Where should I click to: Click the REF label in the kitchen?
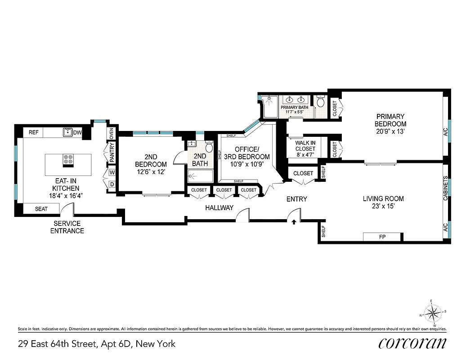click(33, 132)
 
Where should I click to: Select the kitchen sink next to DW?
click(67, 132)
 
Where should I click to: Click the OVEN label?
click(111, 134)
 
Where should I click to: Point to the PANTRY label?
click(112, 153)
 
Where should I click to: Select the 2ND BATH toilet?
click(209, 147)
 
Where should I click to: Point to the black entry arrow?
click(294, 221)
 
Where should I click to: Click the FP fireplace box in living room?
click(381, 237)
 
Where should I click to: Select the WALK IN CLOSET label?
click(305, 149)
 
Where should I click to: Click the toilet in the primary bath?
click(321, 102)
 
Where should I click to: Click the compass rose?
click(434, 312)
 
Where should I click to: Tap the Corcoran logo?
click(413, 343)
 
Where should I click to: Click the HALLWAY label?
click(220, 207)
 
